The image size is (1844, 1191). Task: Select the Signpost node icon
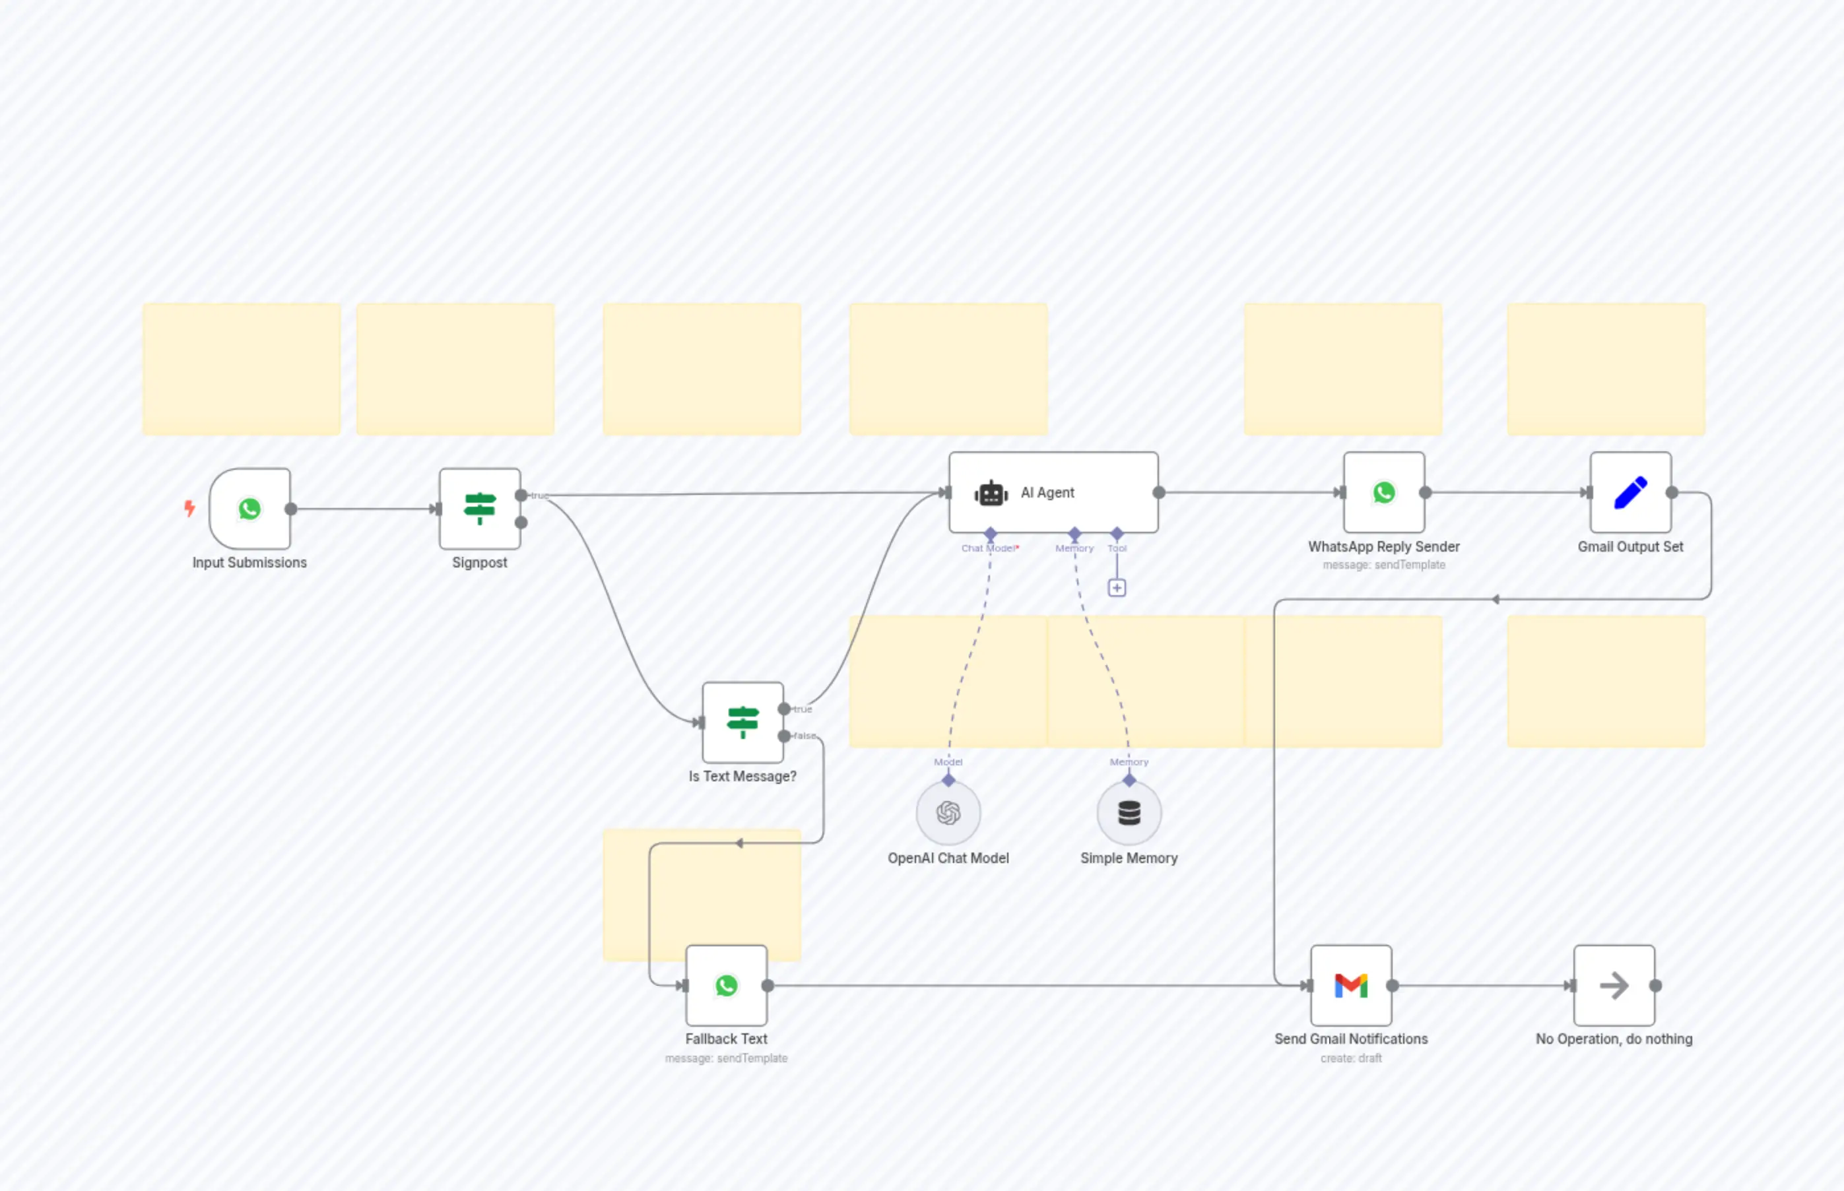(x=480, y=509)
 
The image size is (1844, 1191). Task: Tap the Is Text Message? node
(x=742, y=723)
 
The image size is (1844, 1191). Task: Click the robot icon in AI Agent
(x=991, y=493)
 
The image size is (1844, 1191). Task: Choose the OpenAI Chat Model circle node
(x=948, y=813)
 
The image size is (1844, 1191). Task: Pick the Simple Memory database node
(x=1129, y=813)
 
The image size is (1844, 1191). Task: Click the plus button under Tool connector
(x=1116, y=588)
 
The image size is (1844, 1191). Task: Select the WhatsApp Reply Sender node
(x=1384, y=493)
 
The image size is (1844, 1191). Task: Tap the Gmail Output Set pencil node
(x=1631, y=493)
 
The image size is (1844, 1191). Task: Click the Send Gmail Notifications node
(x=1350, y=985)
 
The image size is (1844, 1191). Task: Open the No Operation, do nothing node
(x=1614, y=985)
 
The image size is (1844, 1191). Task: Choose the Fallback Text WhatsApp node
(x=726, y=985)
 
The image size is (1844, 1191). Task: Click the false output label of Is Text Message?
(x=805, y=736)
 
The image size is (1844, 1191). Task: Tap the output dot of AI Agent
(x=1159, y=493)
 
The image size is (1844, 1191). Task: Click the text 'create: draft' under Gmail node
(x=1350, y=1058)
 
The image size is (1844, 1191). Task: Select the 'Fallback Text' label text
(x=725, y=1039)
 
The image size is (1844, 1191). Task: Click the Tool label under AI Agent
(x=1117, y=548)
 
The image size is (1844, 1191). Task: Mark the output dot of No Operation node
(x=1655, y=985)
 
